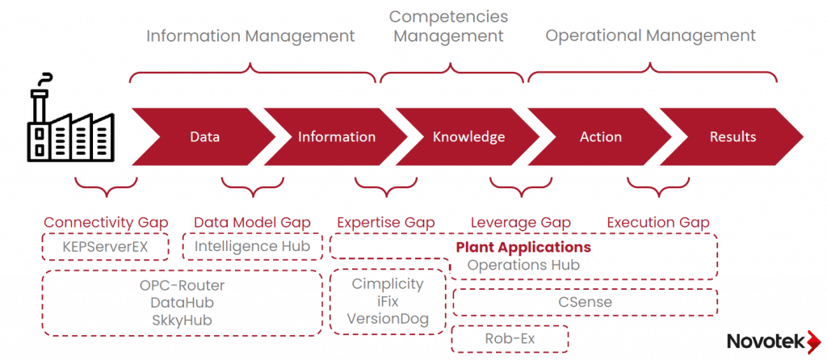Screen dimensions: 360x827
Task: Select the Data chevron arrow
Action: coord(204,136)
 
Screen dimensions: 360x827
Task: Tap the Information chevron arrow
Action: coord(336,136)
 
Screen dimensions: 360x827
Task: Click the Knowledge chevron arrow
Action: coord(468,136)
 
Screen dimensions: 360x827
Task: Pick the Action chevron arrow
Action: coord(601,136)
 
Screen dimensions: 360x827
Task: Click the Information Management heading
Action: coord(250,36)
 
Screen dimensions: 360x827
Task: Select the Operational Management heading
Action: coord(651,36)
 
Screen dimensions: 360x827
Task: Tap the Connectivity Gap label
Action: coord(106,222)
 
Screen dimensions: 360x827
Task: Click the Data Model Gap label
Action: coord(252,222)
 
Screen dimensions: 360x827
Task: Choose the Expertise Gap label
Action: coord(386,222)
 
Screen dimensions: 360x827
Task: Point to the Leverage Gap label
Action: coord(521,222)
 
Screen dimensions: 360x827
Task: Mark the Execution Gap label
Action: coord(658,222)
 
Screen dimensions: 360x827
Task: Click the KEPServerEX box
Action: coord(106,246)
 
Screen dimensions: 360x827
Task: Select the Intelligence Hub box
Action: coord(252,246)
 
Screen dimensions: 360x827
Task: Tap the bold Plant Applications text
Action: coord(523,247)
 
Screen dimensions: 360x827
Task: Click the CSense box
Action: coord(586,302)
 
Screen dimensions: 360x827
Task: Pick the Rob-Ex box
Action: coord(510,339)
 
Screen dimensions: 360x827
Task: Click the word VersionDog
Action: coord(388,319)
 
